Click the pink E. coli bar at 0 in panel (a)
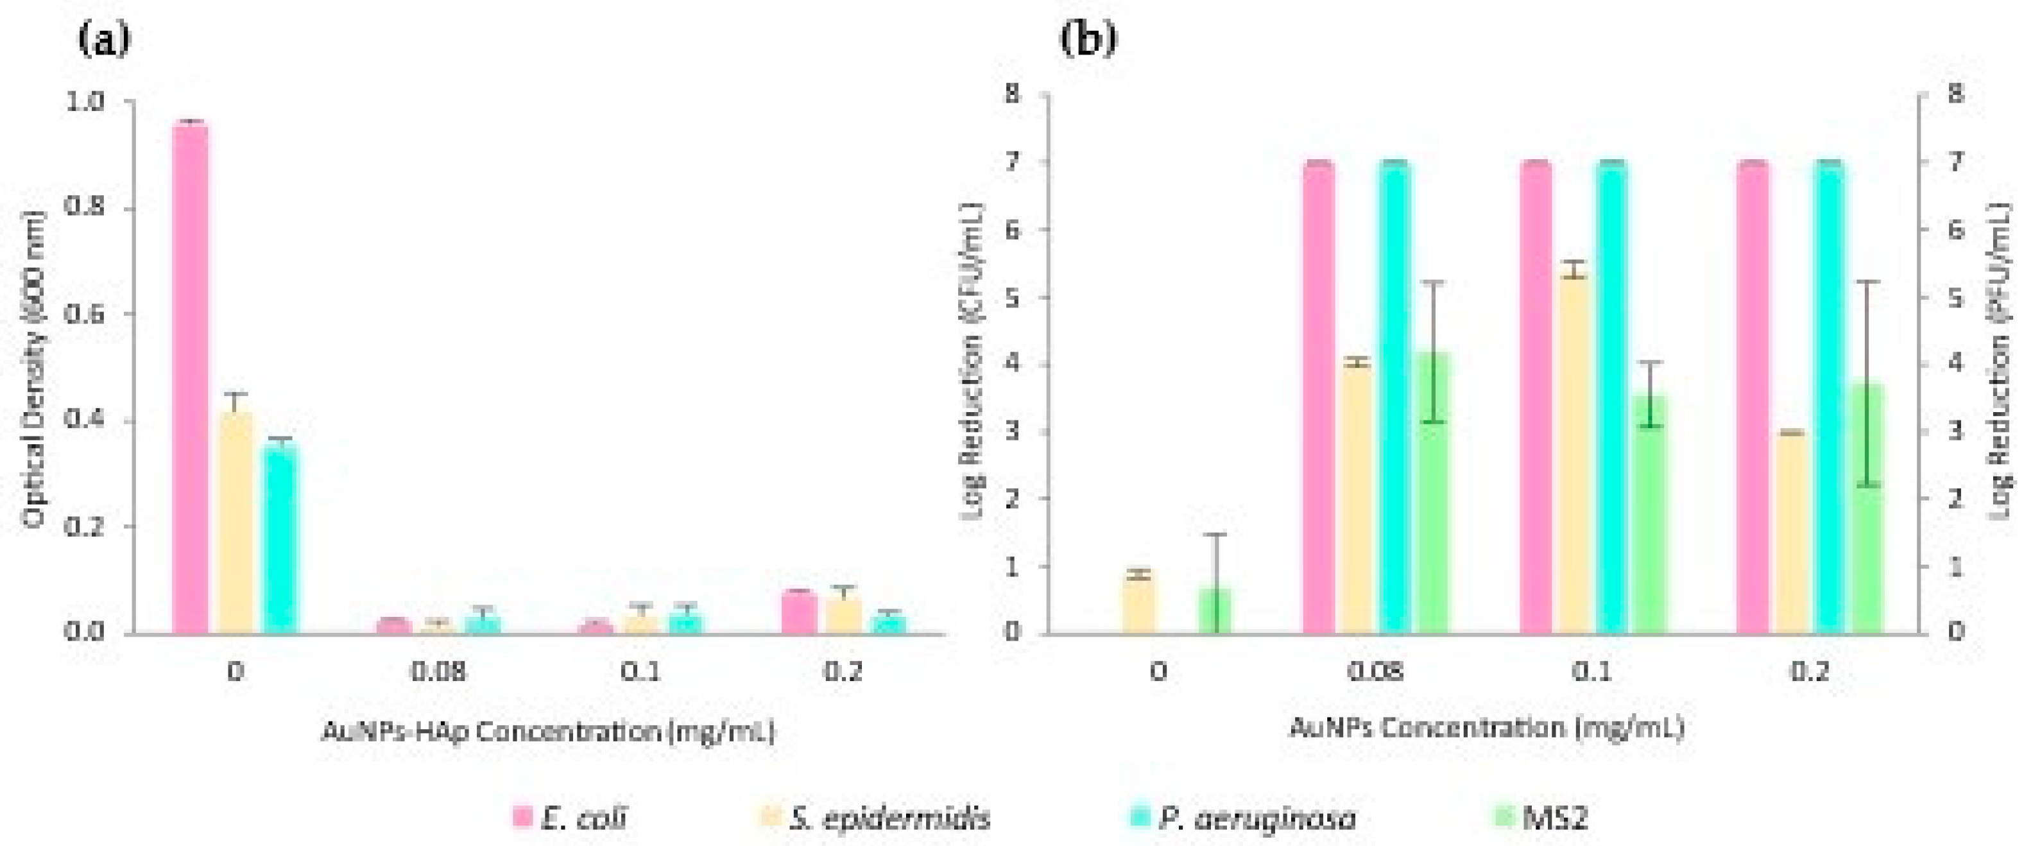tap(190, 379)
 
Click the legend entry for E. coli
tap(570, 817)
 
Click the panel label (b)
tap(1088, 39)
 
